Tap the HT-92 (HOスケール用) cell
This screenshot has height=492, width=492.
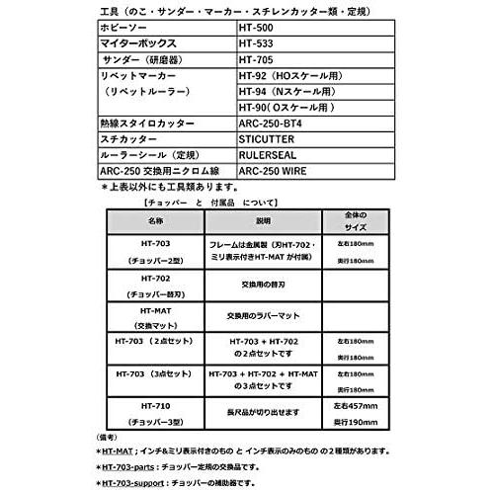295,75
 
